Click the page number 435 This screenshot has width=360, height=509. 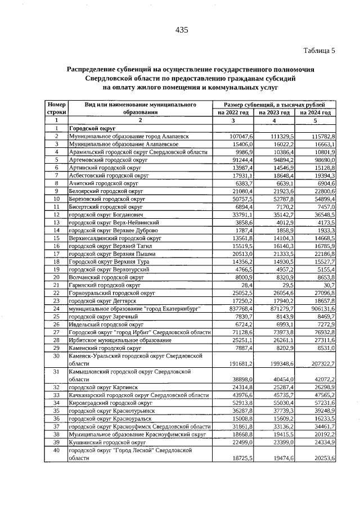(x=181, y=30)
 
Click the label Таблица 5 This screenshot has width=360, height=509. (x=319, y=51)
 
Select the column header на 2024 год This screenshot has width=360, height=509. (x=316, y=112)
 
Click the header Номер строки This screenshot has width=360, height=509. (x=56, y=109)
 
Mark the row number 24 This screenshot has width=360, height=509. (x=56, y=309)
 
